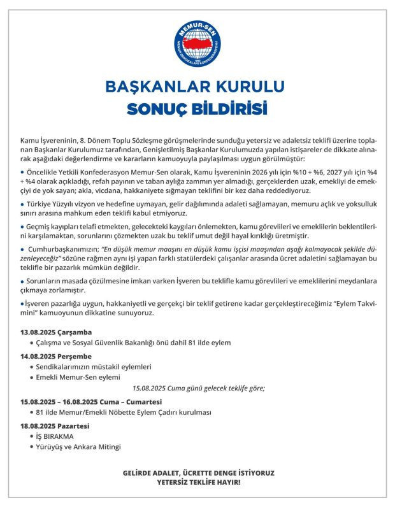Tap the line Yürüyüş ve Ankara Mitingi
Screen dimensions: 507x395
click(x=79, y=447)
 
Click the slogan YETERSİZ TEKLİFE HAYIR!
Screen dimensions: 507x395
click(x=198, y=482)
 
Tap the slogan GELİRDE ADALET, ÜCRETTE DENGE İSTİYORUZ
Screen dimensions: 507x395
click(x=198, y=473)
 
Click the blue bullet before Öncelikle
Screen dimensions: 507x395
click(x=22, y=172)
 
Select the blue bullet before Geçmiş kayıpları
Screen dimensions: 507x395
click(x=22, y=226)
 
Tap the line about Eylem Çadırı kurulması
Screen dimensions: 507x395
click(x=124, y=413)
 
